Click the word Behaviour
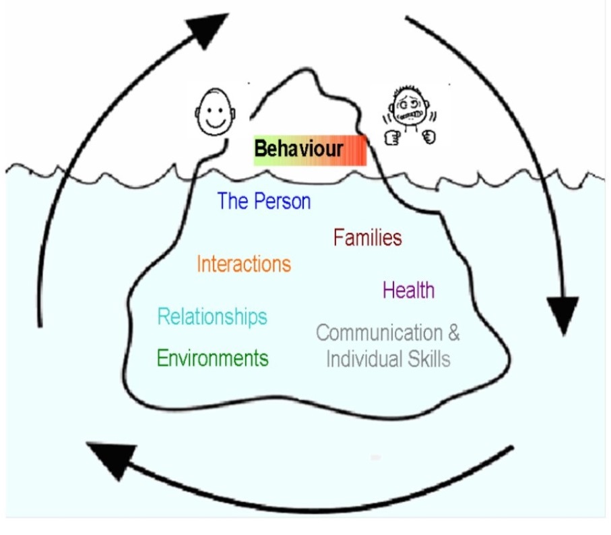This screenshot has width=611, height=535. [x=298, y=149]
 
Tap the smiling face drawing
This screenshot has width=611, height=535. [x=214, y=111]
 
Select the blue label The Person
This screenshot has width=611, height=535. [x=264, y=201]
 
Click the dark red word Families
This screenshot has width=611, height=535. [x=368, y=237]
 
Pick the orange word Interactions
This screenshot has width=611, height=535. [x=244, y=264]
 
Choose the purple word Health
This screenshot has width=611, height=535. [x=408, y=290]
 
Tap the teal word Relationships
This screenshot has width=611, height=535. [x=212, y=316]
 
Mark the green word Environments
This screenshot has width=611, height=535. [x=212, y=358]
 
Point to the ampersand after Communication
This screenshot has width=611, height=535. [x=453, y=333]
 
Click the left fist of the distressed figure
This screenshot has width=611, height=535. [x=392, y=138]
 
